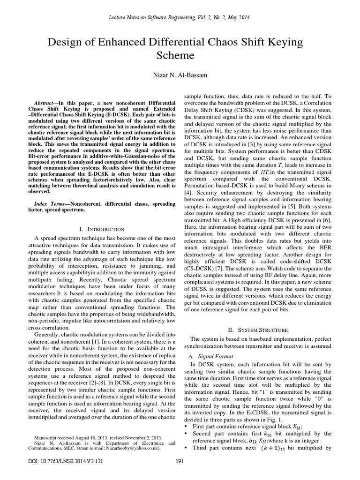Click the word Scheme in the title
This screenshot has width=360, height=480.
click(x=180, y=56)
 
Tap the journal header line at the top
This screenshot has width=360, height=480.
click(x=180, y=17)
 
